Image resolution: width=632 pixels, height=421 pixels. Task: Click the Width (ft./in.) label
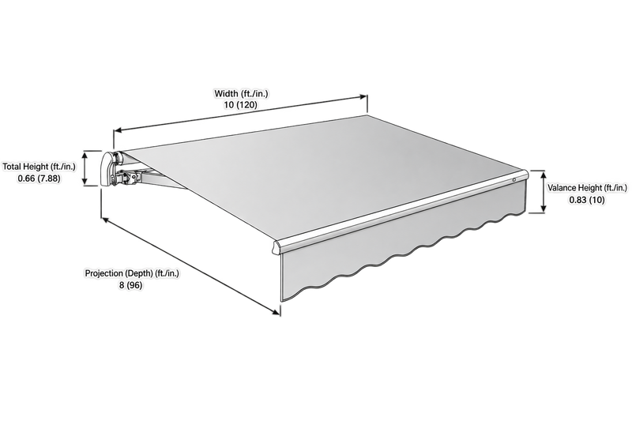click(x=241, y=94)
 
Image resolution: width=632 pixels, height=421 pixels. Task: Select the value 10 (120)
click(x=241, y=105)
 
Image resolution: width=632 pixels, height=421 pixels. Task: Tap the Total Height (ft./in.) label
click(x=39, y=167)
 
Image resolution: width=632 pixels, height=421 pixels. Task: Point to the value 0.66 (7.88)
click(x=39, y=179)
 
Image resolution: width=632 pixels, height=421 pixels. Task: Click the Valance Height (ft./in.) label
click(x=587, y=188)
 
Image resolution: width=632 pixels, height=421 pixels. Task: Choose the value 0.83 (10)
click(x=587, y=200)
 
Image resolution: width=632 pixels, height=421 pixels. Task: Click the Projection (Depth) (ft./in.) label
click(x=132, y=273)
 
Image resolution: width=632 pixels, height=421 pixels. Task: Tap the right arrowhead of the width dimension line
click(x=363, y=96)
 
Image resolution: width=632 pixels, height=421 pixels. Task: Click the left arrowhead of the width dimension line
click(x=118, y=130)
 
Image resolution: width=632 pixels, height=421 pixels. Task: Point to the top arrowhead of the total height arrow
click(x=85, y=154)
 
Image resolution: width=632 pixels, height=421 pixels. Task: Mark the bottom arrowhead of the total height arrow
click(x=85, y=182)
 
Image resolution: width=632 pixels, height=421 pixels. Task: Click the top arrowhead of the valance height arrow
click(x=544, y=175)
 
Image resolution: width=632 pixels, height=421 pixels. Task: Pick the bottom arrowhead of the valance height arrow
click(x=544, y=209)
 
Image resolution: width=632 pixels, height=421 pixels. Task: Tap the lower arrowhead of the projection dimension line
click(x=276, y=312)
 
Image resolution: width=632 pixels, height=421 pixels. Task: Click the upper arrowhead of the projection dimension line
click(x=105, y=220)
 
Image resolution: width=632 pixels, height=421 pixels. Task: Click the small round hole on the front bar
click(x=514, y=179)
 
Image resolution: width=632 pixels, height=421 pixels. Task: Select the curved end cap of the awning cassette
click(x=107, y=169)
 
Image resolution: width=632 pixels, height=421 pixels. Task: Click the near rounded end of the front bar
click(x=276, y=247)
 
